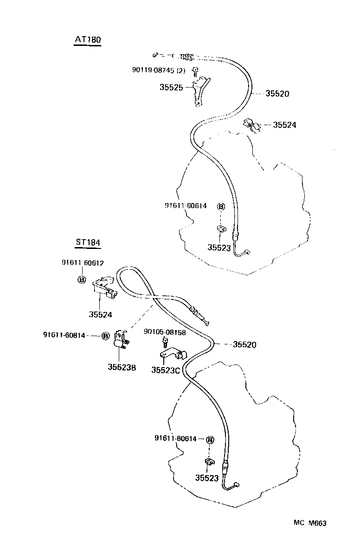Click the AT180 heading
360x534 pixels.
(88, 40)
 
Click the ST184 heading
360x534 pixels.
(88, 242)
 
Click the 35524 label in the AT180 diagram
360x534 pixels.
(284, 125)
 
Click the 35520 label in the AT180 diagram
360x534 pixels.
(277, 94)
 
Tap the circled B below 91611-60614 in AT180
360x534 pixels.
(221, 207)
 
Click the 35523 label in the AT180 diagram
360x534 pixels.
(219, 248)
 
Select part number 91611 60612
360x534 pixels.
(83, 263)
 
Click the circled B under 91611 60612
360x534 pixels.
(81, 280)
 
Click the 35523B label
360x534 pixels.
(122, 367)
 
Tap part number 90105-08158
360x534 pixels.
(165, 332)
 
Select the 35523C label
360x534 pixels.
(166, 370)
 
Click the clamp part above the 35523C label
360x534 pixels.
(174, 355)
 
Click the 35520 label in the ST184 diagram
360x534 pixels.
(244, 344)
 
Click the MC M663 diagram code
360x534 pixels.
(310, 523)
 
